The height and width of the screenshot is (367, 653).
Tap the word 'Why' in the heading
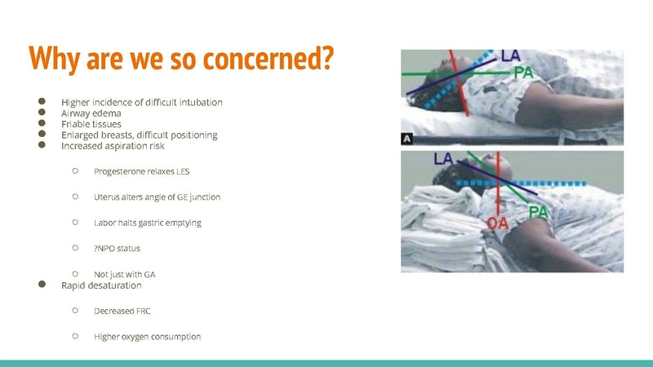tap(56, 57)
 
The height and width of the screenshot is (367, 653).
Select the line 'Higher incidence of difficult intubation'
tap(141, 102)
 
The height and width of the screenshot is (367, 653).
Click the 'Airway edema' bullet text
tap(91, 113)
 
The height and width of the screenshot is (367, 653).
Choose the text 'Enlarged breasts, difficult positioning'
tap(139, 135)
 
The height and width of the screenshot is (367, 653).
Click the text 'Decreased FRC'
tap(122, 310)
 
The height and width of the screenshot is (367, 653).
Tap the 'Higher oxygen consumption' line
tap(147, 336)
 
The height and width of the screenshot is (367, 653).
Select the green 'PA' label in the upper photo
tap(524, 74)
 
